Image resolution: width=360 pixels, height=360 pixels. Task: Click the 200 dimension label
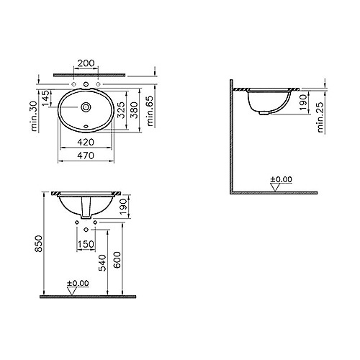[x=86, y=63]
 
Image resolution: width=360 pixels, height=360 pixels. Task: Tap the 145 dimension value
[x=46, y=98]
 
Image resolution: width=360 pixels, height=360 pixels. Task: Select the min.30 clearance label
[x=34, y=116]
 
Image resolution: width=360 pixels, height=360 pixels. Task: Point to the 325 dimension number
[x=122, y=110]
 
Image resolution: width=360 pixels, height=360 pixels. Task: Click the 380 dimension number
[x=135, y=110]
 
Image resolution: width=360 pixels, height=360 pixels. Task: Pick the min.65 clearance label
[x=150, y=111]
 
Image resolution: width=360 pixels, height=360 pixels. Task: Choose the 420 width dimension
[x=86, y=143]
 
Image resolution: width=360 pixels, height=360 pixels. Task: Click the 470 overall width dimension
[x=86, y=156]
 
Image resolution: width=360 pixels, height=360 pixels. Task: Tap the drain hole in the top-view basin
[x=86, y=107]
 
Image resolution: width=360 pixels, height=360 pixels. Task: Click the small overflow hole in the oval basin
[x=86, y=127]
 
